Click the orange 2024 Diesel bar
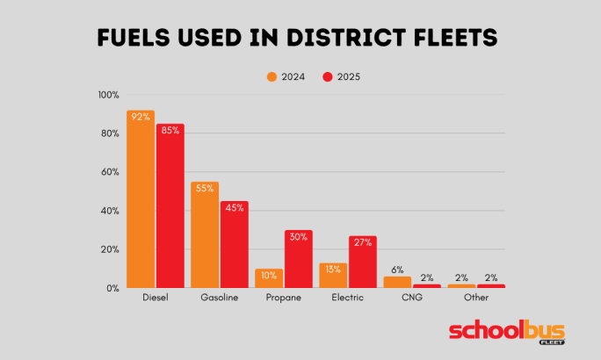coord(141,202)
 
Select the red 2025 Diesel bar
coord(170,209)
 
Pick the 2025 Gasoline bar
coord(234,247)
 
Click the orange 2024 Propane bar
coord(269,278)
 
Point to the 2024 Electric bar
coord(333,276)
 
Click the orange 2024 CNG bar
coord(397,282)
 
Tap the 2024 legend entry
coord(286,76)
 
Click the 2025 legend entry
coord(342,76)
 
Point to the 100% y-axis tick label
coord(109,95)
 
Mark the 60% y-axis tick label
coord(111,172)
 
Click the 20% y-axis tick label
coord(111,249)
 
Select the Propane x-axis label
coord(284,299)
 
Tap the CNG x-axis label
coord(412,299)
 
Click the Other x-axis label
coord(476,299)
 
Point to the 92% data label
coord(141,117)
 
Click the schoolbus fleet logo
coord(507,332)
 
